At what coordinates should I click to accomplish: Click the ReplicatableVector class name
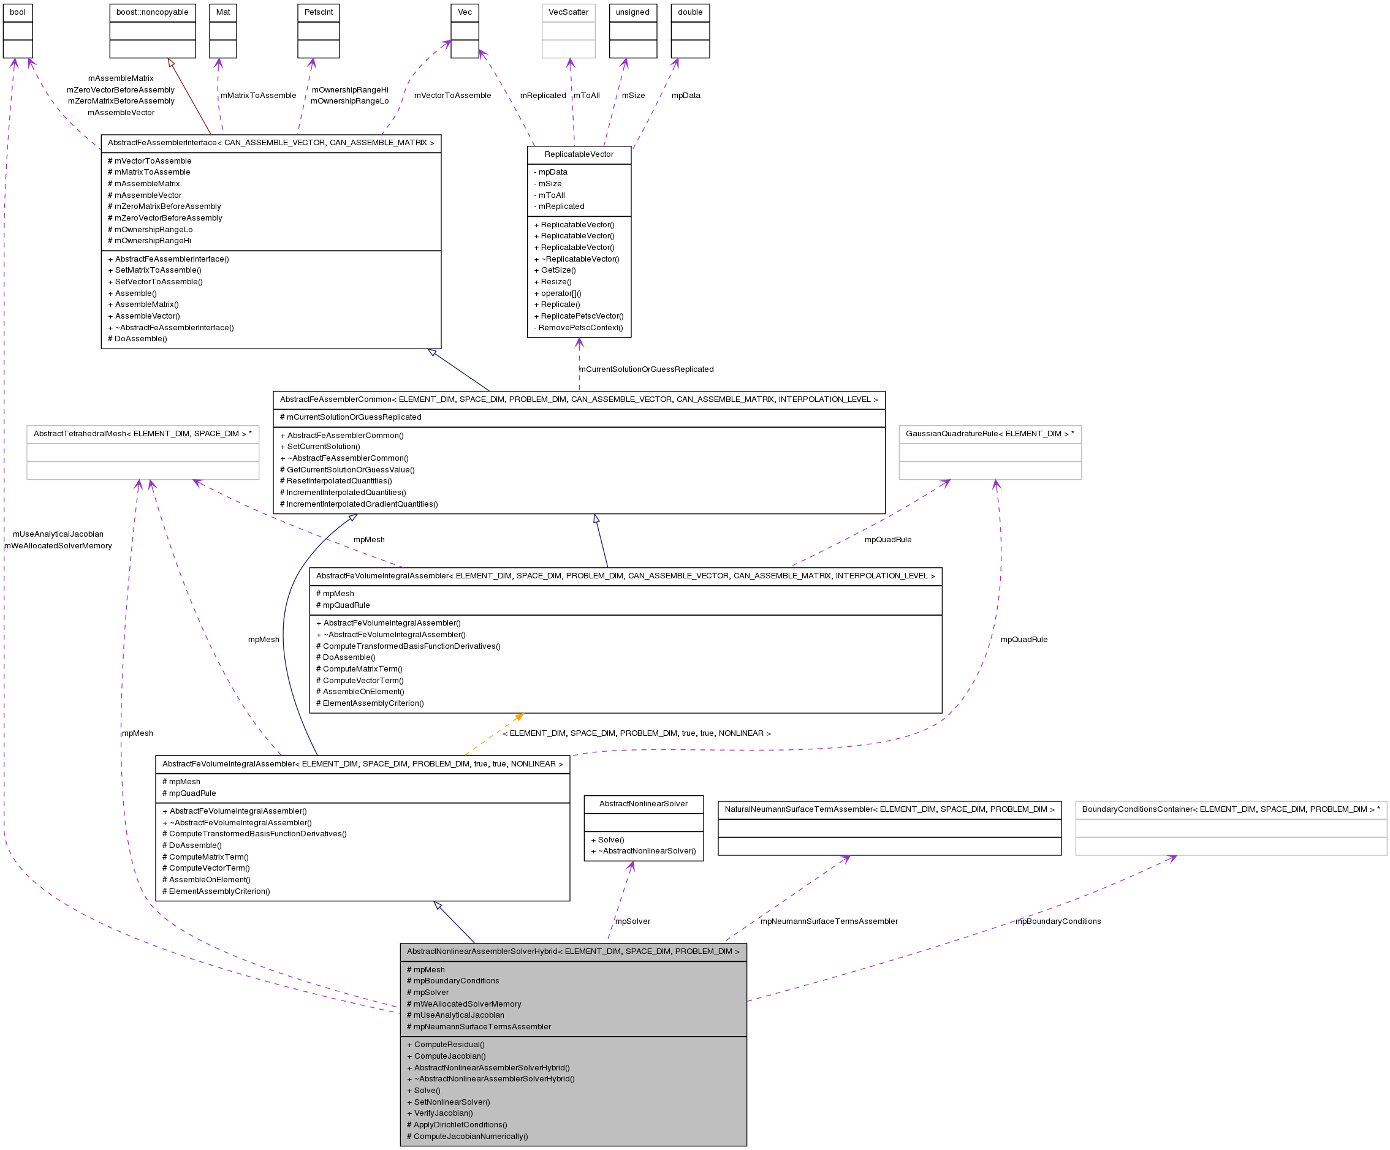pyautogui.click(x=579, y=155)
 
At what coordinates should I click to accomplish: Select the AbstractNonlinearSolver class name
pyautogui.click(x=644, y=804)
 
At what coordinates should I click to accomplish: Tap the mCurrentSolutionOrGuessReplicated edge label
pyautogui.click(x=646, y=369)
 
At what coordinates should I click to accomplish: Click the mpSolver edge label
pyautogui.click(x=632, y=921)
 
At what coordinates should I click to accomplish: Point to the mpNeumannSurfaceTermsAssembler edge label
pyautogui.click(x=829, y=921)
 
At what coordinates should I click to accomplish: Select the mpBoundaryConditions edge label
pyautogui.click(x=1058, y=921)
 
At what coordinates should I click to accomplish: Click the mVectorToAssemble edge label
pyautogui.click(x=453, y=96)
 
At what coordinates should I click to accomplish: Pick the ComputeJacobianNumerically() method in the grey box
pyautogui.click(x=471, y=1136)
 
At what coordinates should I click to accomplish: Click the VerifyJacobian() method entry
pyautogui.click(x=443, y=1113)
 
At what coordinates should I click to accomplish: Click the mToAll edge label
pyautogui.click(x=587, y=96)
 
